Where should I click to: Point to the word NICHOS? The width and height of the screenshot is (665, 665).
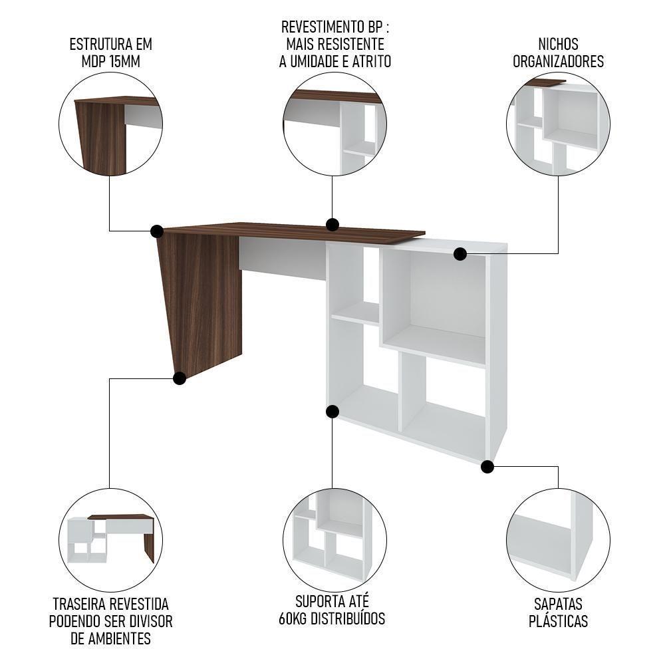559,45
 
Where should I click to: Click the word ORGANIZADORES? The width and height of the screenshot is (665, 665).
559,61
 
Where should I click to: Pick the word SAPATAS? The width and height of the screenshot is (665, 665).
559,604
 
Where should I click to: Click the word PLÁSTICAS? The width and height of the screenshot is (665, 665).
559,621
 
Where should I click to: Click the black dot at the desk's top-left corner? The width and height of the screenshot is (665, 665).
157,231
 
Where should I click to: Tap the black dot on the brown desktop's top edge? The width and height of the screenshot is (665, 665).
332,224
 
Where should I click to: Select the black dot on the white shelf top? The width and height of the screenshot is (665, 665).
460,253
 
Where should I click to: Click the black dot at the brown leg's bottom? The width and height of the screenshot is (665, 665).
179,378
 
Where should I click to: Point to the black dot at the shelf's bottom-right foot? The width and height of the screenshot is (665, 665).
487,467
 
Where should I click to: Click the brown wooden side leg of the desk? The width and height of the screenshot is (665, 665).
199,299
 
